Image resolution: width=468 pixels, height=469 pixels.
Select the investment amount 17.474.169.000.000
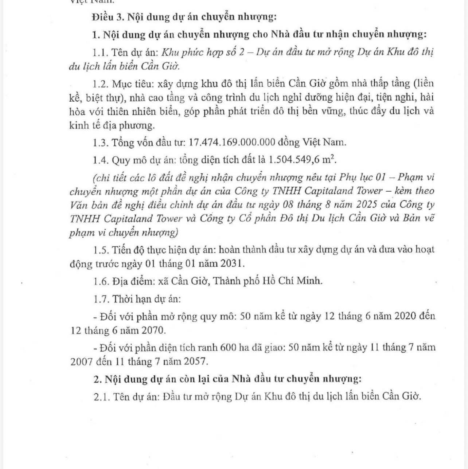pos(232,142)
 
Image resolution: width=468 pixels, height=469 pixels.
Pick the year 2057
pos(196,361)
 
